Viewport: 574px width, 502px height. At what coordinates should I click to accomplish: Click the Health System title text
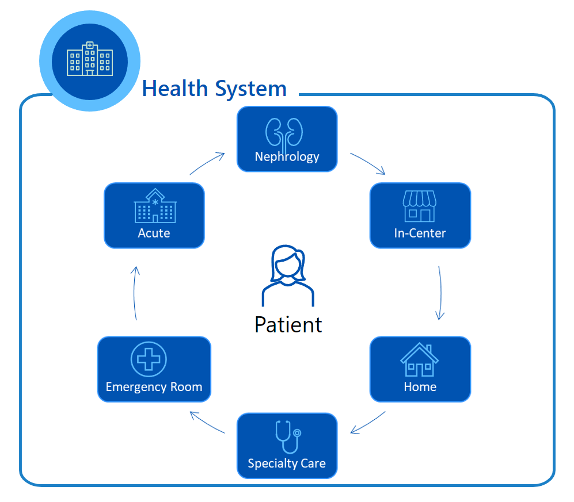[214, 89]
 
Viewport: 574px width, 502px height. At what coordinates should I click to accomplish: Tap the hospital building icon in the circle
[89, 59]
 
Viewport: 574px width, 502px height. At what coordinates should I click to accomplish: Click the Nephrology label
[287, 156]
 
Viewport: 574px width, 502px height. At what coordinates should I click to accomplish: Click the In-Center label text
[420, 233]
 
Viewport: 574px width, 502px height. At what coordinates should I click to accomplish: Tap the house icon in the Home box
[420, 359]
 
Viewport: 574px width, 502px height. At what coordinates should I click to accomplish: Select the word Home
[420, 386]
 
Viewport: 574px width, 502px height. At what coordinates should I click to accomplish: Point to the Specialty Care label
[287, 463]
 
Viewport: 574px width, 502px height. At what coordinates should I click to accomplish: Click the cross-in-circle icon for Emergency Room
[149, 359]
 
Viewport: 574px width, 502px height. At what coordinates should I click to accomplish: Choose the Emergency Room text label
[154, 386]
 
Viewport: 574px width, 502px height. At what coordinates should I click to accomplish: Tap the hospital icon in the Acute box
[154, 206]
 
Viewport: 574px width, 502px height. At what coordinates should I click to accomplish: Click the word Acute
[154, 233]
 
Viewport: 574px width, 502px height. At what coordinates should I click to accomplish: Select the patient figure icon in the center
[288, 275]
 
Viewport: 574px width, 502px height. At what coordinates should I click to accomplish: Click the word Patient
[288, 324]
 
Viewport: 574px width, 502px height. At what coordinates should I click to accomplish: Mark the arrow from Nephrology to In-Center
[367, 163]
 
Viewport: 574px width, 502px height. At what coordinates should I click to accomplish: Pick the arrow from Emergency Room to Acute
[135, 293]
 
